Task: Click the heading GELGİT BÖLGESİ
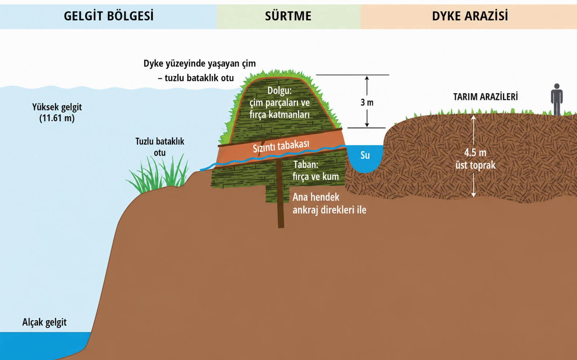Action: coord(109,16)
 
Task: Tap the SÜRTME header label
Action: coord(288,16)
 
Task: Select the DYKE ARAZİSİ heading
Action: coord(470,16)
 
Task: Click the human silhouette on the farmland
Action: coord(557,100)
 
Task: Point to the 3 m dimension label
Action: coord(367,102)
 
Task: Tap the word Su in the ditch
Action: coord(365,155)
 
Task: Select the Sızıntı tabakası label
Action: coord(281,146)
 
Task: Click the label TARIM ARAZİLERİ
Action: coord(485,97)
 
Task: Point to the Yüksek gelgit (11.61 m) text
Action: coord(57,113)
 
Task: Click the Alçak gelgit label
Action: coord(44,322)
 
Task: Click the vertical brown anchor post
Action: coord(280,194)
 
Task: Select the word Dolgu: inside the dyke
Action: coord(279,90)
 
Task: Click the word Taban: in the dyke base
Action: coord(306,165)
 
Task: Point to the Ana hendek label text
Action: coord(316,197)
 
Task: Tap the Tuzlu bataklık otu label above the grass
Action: coord(160,147)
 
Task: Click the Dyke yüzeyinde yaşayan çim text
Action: coord(200,64)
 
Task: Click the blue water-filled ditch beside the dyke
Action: coord(365,159)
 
